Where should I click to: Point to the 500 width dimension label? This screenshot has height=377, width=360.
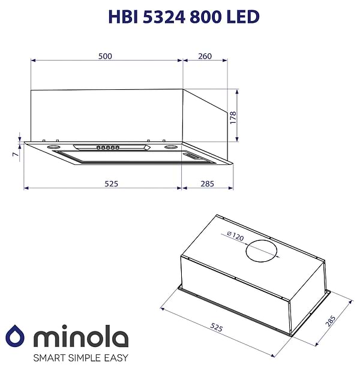pyautogui.click(x=105, y=56)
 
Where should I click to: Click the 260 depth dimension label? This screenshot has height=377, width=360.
pyautogui.click(x=205, y=56)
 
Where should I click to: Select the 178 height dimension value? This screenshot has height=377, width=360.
pyautogui.click(x=233, y=116)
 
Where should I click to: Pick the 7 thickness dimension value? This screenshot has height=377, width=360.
pyautogui.click(x=14, y=155)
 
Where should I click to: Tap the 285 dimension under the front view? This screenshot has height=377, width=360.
pyautogui.click(x=206, y=183)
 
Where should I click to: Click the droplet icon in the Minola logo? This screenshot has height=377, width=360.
pyautogui.click(x=16, y=337)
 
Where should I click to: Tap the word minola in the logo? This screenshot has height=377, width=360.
pyautogui.click(x=80, y=337)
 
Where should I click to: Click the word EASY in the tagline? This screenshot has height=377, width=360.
pyautogui.click(x=115, y=358)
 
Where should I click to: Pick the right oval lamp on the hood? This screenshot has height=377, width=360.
pyautogui.click(x=171, y=147)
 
